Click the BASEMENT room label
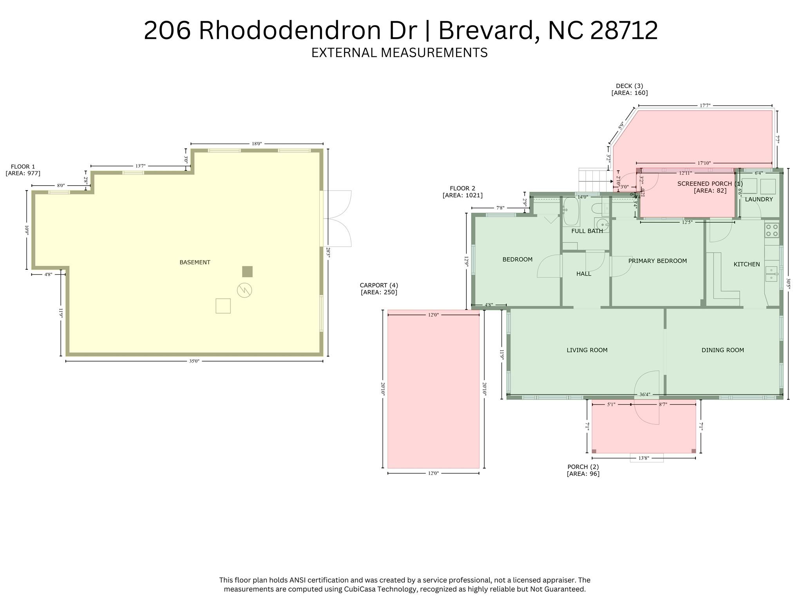click(195, 262)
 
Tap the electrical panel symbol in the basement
click(244, 290)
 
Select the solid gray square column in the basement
click(247, 271)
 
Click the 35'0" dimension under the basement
click(194, 361)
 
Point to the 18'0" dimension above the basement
click(257, 144)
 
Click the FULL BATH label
click(587, 231)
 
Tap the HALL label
click(583, 274)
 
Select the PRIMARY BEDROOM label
click(657, 261)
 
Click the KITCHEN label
click(746, 264)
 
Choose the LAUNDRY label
click(759, 199)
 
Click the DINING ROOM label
click(722, 350)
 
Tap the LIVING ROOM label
click(587, 350)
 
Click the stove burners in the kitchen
click(771, 230)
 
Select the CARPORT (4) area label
click(379, 289)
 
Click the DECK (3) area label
click(629, 89)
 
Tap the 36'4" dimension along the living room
click(645, 395)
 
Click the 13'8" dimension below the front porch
click(644, 458)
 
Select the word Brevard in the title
click(486, 31)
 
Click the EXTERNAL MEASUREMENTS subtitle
click(399, 52)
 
